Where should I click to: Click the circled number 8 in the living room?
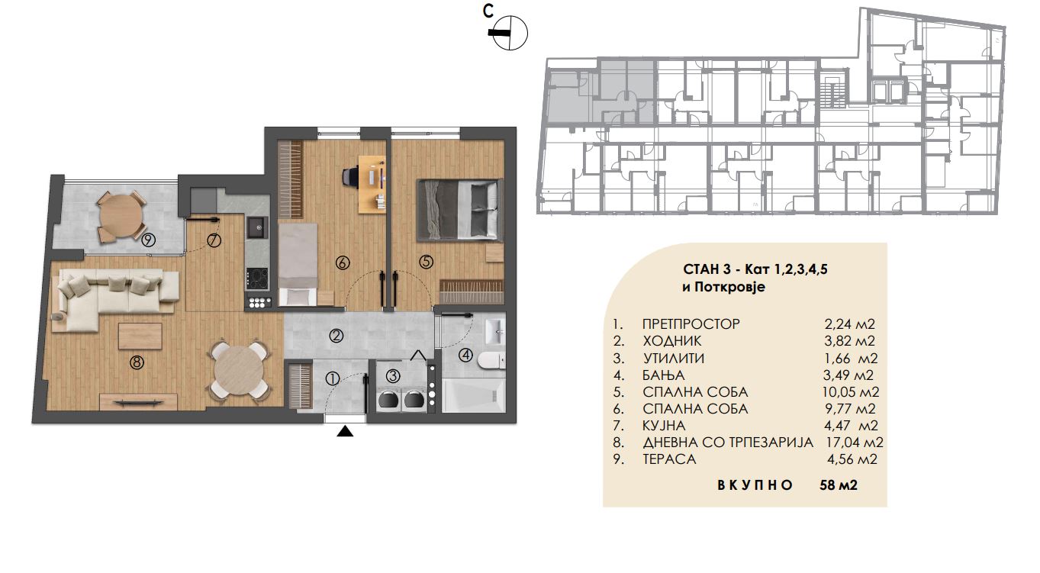coord(137,362)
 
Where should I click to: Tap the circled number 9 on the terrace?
coord(148,240)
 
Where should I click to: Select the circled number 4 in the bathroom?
coord(465,356)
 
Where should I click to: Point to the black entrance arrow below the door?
coord(344,432)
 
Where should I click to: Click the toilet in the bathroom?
coord(491,360)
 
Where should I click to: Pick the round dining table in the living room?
coord(240,369)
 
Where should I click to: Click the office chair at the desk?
coord(350,178)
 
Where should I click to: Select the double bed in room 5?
coord(460,211)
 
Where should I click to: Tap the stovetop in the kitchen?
coord(256,279)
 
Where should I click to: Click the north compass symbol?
coord(510,33)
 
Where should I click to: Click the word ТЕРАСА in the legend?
coord(669,459)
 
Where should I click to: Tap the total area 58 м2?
coord(839,485)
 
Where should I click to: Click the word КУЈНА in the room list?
coord(664,425)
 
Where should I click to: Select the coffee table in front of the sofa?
coord(140,336)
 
